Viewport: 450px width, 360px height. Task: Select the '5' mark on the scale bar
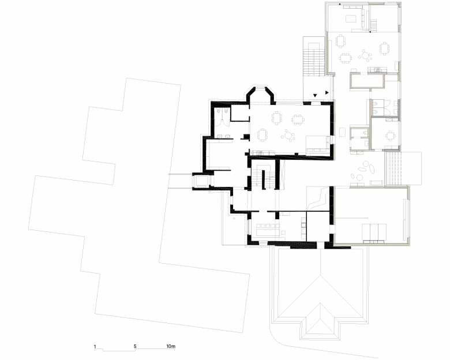coord(135,347)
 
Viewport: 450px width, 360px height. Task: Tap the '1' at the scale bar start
coord(95,347)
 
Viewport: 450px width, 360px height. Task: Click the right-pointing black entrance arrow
coord(328,92)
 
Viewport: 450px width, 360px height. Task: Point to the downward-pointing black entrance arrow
coord(315,95)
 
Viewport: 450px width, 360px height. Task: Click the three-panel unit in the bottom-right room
coord(374,231)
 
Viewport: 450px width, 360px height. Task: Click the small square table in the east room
coord(391,136)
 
